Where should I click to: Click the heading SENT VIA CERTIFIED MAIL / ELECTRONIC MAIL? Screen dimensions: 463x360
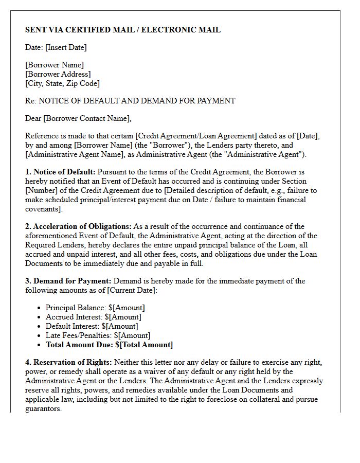(123, 30)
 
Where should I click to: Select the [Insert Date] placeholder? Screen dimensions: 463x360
(66, 47)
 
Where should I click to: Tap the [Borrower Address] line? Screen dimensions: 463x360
(58, 74)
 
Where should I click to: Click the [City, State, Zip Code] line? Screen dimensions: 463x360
(62, 83)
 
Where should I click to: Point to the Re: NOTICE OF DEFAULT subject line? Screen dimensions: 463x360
(130, 101)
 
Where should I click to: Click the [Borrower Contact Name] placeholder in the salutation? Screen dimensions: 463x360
(86, 118)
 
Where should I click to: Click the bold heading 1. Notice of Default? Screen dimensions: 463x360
(60, 172)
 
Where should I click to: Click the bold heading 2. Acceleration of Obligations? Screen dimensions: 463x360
(78, 226)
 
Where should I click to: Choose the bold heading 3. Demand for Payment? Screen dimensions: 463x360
(68, 281)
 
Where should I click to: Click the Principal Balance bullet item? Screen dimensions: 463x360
(95, 308)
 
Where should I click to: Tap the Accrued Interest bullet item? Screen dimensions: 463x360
(93, 317)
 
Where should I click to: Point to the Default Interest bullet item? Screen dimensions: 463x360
(92, 326)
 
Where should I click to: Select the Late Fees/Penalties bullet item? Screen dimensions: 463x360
(98, 335)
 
